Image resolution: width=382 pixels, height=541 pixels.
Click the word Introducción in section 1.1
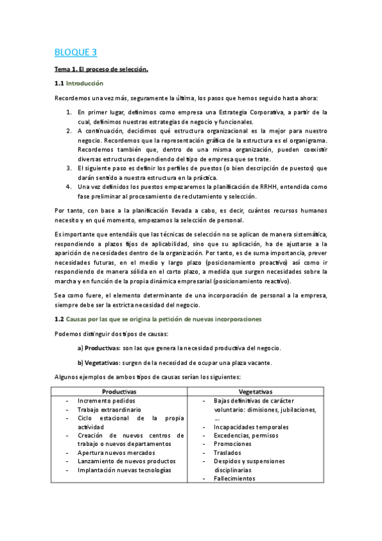[85, 83]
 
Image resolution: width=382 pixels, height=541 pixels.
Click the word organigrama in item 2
[307, 140]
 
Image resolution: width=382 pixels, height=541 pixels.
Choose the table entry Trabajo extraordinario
[109, 409]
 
